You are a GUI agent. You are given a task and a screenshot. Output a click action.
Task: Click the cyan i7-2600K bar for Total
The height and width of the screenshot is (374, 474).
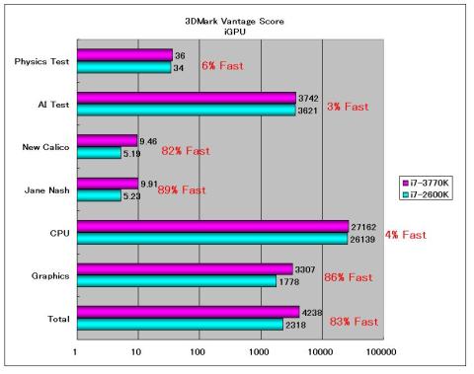click(x=178, y=325)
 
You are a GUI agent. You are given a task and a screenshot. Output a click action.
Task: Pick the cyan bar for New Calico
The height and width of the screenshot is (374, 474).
click(x=99, y=153)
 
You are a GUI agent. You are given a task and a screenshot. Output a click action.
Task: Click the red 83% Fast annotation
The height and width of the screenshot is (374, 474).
click(x=353, y=322)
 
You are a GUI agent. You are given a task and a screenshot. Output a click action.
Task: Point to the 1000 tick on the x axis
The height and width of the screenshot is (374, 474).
click(x=260, y=350)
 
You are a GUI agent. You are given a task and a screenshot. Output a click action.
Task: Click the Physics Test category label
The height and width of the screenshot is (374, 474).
click(x=40, y=61)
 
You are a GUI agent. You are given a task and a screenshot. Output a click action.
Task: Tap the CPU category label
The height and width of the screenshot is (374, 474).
click(x=57, y=233)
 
